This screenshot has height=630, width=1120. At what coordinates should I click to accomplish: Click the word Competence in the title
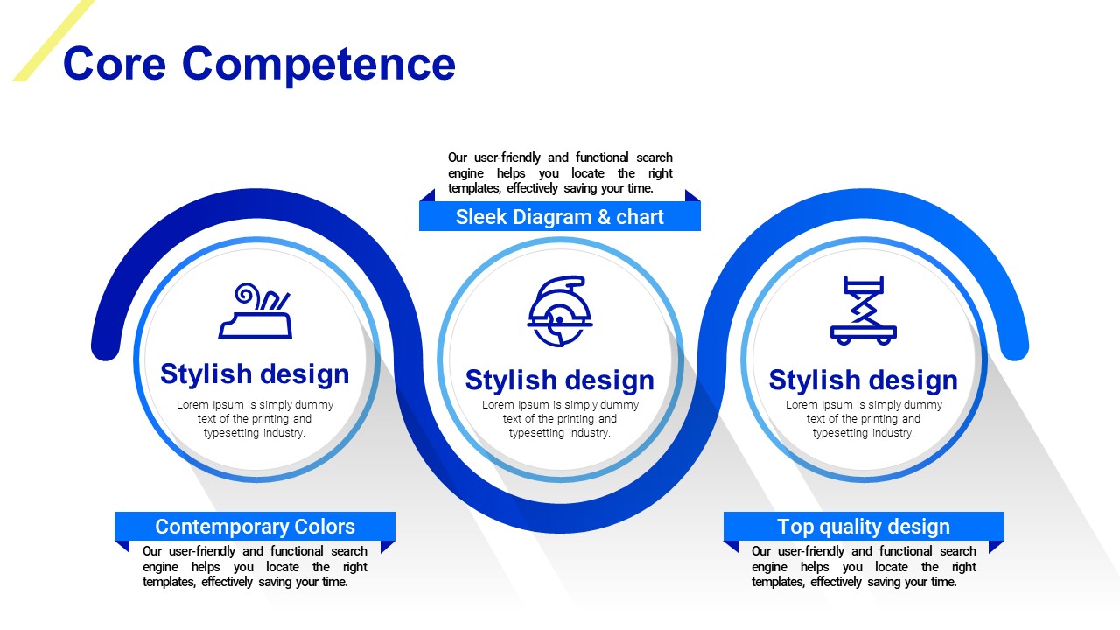coord(319,65)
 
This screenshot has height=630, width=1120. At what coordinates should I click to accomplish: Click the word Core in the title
coord(115,64)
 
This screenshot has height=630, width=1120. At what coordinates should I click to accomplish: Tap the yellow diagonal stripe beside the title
coord(53,40)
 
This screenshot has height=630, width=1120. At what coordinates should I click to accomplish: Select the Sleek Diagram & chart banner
coord(559,216)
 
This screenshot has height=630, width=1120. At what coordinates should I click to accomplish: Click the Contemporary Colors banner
coord(255,527)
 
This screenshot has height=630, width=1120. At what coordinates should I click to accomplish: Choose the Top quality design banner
coord(864,527)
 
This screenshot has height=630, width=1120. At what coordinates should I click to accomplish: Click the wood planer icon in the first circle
coord(255,311)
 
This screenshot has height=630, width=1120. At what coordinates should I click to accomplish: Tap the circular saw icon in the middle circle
coord(560,311)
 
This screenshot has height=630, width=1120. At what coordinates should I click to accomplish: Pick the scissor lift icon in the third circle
coord(864,311)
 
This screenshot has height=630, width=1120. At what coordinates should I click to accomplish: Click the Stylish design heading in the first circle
coord(255,374)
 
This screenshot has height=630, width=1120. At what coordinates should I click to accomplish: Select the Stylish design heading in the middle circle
coord(559,381)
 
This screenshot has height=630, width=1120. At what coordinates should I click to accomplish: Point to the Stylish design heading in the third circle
coord(864,381)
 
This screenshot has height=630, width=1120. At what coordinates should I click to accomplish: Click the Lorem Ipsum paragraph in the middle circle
coord(560,419)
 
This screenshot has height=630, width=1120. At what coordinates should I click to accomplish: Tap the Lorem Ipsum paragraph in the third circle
coord(864,419)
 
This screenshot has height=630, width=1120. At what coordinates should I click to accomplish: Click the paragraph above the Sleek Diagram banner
coord(560,173)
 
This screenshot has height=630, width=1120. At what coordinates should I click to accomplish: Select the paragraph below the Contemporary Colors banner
coord(255,566)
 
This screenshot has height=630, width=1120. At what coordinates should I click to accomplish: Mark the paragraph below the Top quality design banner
coord(864,566)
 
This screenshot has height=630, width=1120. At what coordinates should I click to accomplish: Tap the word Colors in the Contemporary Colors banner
coord(325,527)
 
